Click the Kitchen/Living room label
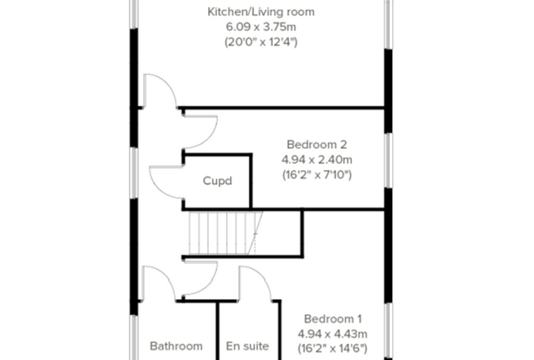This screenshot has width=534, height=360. (261, 12)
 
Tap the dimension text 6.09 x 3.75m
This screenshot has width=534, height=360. (261, 27)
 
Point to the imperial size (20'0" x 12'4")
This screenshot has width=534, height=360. (261, 42)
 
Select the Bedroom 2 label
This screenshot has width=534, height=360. (317, 145)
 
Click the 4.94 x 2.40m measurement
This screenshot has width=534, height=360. (317, 160)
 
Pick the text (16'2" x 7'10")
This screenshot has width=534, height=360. (317, 175)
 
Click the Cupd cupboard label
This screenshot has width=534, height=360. (217, 181)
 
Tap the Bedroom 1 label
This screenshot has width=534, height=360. (333, 319)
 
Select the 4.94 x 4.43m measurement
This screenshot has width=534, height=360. (333, 334)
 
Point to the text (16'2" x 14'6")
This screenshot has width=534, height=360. (333, 349)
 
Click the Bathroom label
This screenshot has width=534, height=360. (176, 347)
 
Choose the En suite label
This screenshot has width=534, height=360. (247, 347)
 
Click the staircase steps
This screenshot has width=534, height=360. (226, 233)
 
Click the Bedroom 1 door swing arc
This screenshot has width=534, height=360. (209, 285)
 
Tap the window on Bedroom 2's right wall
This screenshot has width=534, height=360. (389, 160)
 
